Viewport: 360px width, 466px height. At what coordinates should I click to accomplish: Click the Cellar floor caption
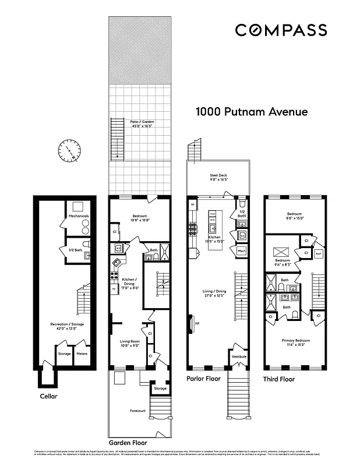50,396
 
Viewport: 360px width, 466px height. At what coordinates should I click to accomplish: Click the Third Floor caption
279,379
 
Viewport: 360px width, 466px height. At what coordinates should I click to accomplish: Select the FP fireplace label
197,323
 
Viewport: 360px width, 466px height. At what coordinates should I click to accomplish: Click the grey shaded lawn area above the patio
140,50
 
